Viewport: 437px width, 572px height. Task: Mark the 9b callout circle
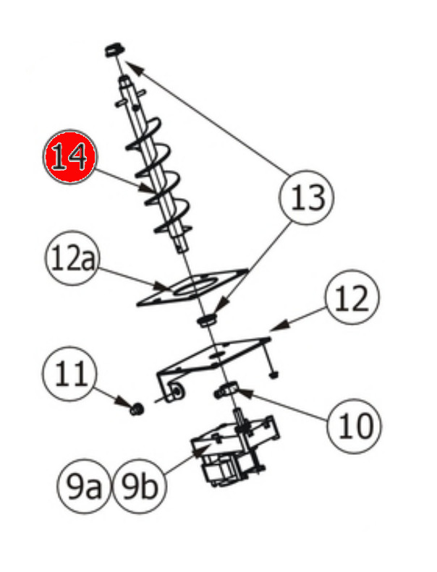coord(140,489)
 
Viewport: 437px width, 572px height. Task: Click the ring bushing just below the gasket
coord(208,318)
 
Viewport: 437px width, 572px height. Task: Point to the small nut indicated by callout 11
coord(135,410)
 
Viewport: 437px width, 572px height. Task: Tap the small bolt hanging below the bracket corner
coord(273,373)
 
